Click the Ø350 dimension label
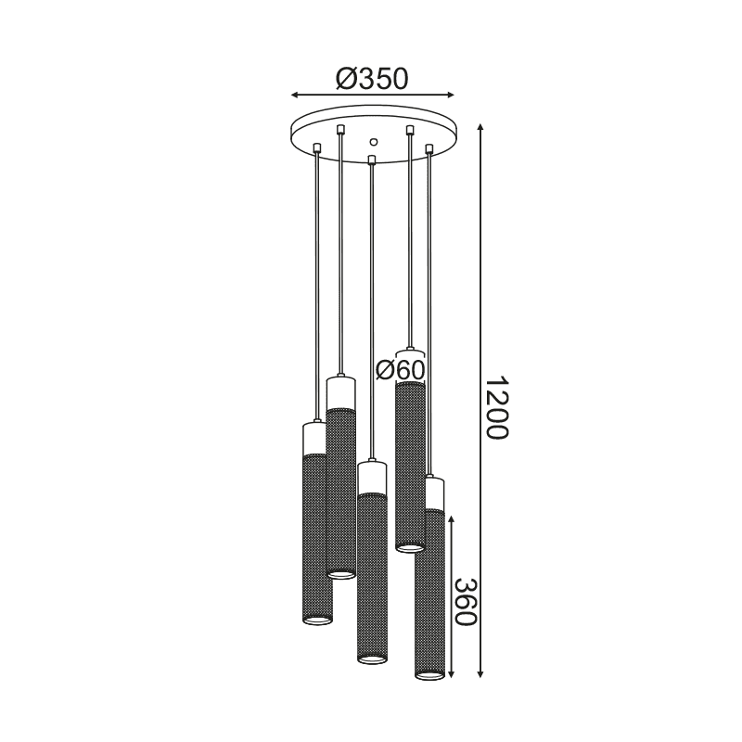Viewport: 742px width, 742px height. pyautogui.click(x=372, y=79)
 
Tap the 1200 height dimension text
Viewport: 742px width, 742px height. pyautogui.click(x=496, y=408)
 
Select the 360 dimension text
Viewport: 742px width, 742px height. pyautogui.click(x=465, y=602)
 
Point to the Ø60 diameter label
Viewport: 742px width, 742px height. pyautogui.click(x=401, y=369)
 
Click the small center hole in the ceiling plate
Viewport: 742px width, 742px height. pyautogui.click(x=374, y=142)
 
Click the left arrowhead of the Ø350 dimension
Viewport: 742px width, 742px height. pyautogui.click(x=295, y=96)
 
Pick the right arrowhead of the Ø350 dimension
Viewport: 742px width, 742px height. pyautogui.click(x=450, y=96)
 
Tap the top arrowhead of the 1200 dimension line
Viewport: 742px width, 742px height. pyautogui.click(x=480, y=128)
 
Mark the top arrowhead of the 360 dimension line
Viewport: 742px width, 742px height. pyautogui.click(x=452, y=521)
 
